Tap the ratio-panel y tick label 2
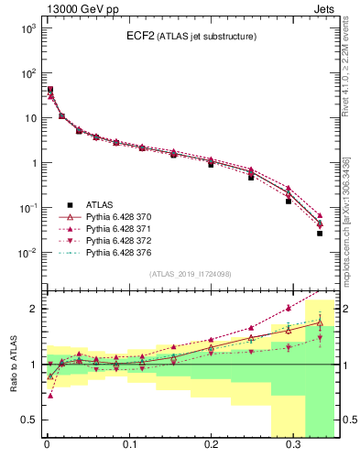point(31,309)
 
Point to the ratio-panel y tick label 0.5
point(27,420)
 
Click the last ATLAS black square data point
point(320,234)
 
